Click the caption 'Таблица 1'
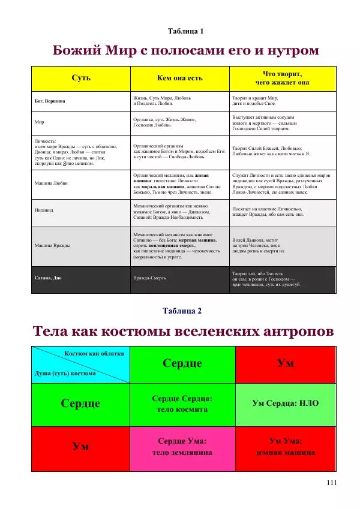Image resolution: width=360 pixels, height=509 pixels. click(x=186, y=31)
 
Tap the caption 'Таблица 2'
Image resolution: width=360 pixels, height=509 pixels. click(x=182, y=311)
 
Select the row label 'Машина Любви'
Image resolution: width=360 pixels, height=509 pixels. click(x=51, y=183)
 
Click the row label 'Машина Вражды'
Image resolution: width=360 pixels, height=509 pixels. click(x=53, y=245)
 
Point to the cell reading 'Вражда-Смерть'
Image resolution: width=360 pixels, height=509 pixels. click(x=149, y=279)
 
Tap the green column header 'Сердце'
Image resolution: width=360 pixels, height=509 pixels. click(x=182, y=363)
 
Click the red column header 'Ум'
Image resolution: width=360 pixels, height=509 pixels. click(x=285, y=363)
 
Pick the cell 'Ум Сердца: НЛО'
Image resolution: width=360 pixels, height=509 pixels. click(x=285, y=403)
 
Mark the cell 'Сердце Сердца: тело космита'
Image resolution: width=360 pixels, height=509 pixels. click(x=182, y=403)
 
